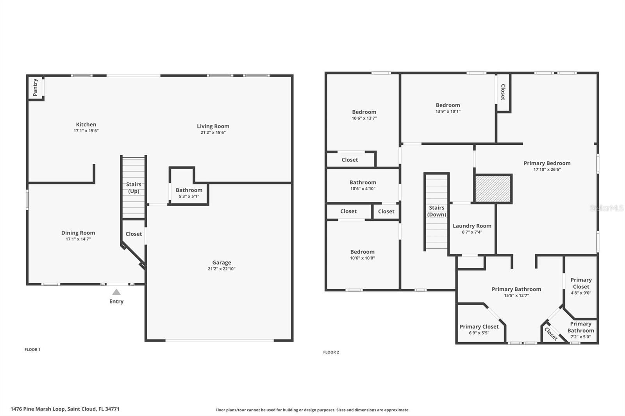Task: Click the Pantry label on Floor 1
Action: tap(35, 87)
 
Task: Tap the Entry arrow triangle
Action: tap(116, 292)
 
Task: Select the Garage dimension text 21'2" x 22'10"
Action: tap(221, 269)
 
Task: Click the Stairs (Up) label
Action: tap(134, 188)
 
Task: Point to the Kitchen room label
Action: tap(86, 124)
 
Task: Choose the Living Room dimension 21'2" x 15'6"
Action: tap(213, 132)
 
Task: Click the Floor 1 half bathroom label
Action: tap(189, 190)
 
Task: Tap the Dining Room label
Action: tap(78, 233)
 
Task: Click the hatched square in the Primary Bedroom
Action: tap(493, 189)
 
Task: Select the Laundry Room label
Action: tap(472, 226)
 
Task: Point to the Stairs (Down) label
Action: tap(436, 211)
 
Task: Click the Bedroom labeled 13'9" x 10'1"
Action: tap(448, 105)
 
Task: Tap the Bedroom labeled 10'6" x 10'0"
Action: tap(362, 252)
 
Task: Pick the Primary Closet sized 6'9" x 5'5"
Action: tap(479, 327)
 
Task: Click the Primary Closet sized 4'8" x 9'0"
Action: tap(581, 283)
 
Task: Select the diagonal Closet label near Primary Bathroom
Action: tap(551, 334)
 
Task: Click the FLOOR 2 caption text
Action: tap(331, 352)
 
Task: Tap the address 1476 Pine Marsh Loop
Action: tap(65, 409)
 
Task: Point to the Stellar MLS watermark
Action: tap(606, 208)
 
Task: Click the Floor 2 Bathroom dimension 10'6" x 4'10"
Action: tap(362, 188)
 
